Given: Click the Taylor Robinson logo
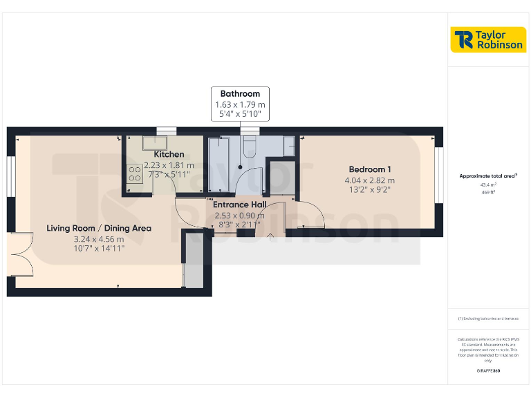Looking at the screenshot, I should click(x=488, y=39).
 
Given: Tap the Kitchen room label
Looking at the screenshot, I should click(x=169, y=154).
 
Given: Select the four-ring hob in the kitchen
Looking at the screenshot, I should click(x=133, y=173).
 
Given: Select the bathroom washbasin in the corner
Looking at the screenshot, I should click(x=288, y=144).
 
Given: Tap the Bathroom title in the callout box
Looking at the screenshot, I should click(x=240, y=94).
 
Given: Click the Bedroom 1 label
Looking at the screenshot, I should click(x=370, y=169).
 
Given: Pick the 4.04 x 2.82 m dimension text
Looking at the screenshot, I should click(x=370, y=180).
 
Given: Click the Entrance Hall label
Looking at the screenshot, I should click(x=239, y=205).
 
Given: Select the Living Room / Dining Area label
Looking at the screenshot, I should click(x=99, y=228).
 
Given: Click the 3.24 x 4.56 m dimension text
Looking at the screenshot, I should click(x=99, y=239).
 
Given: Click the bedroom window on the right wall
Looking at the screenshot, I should click(x=438, y=176).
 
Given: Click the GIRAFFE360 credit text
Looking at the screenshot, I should click(x=488, y=371).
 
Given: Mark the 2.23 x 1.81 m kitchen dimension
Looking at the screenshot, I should click(x=169, y=165).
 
